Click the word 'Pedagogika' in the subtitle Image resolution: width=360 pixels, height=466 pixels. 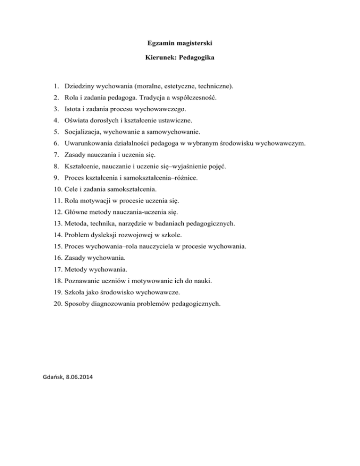coord(196,62)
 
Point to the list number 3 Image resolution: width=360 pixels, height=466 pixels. coord(55,109)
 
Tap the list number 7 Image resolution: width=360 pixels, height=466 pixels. coord(55,155)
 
